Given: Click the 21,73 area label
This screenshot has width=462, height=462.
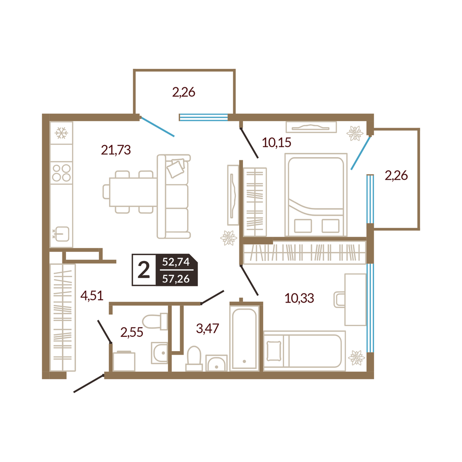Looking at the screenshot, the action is pyautogui.click(x=116, y=150).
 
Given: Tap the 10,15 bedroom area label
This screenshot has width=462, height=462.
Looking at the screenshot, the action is pyautogui.click(x=276, y=143).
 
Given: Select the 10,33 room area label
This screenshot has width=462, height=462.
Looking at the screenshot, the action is pyautogui.click(x=299, y=298).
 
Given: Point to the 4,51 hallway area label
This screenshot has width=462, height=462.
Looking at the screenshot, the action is pyautogui.click(x=92, y=296).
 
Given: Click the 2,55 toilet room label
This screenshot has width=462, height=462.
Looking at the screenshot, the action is pyautogui.click(x=132, y=332).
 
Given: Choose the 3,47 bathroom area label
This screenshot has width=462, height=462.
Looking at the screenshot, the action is pyautogui.click(x=207, y=328).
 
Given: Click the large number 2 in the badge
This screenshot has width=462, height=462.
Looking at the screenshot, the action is pyautogui.click(x=144, y=270).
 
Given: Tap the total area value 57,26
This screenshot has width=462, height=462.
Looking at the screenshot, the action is pyautogui.click(x=176, y=279).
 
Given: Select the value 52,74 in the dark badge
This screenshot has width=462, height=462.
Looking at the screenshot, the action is pyautogui.click(x=176, y=261).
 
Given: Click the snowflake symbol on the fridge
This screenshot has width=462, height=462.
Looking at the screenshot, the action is pyautogui.click(x=61, y=133).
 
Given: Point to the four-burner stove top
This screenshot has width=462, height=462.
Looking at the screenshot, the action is pyautogui.click(x=61, y=173).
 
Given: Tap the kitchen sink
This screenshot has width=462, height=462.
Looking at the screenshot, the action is pyautogui.click(x=62, y=234).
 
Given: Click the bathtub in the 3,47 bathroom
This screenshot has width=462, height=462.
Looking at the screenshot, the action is pyautogui.click(x=244, y=338).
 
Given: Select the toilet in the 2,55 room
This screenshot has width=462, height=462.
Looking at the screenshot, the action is pyautogui.click(x=155, y=321).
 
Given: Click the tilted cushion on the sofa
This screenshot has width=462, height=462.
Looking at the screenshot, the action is pyautogui.click(x=176, y=168).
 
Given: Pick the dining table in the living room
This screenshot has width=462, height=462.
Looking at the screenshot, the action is pyautogui.click(x=133, y=192).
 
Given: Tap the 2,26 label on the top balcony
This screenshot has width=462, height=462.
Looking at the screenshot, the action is pyautogui.click(x=183, y=92).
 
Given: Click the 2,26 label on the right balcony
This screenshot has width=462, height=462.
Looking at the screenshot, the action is pyautogui.click(x=396, y=176).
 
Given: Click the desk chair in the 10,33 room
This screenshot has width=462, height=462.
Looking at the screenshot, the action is pyautogui.click(x=340, y=300).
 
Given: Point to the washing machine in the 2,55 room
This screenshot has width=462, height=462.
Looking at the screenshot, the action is pyautogui.click(x=124, y=361).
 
